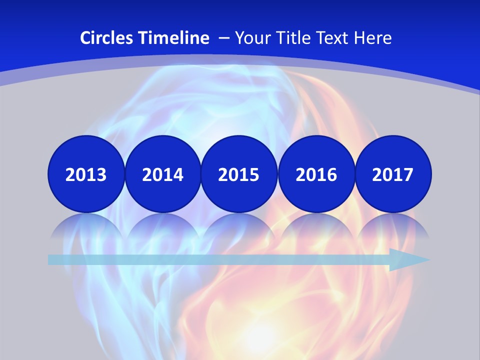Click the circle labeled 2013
pyautogui.click(x=86, y=174)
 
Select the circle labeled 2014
pyautogui.click(x=162, y=174)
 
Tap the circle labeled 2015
pyautogui.click(x=239, y=174)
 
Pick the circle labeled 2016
pyautogui.click(x=316, y=174)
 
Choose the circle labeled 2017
pyautogui.click(x=393, y=174)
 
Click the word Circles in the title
pyautogui.click(x=105, y=38)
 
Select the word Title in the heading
pyautogui.click(x=292, y=38)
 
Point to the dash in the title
pyautogui.click(x=223, y=38)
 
